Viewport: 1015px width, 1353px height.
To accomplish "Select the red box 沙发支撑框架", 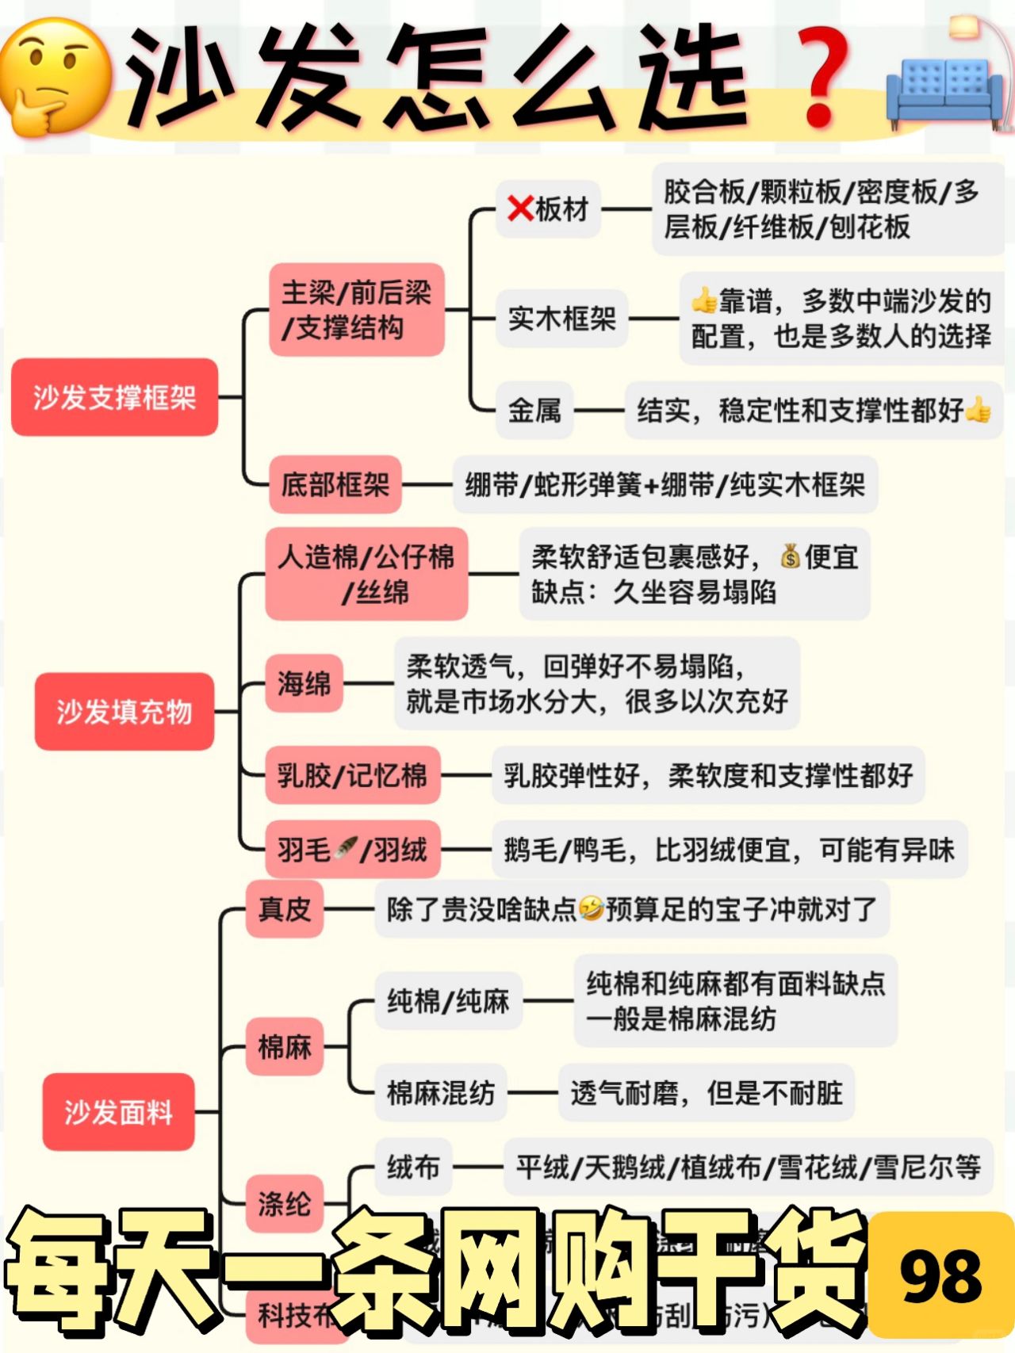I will pos(114,397).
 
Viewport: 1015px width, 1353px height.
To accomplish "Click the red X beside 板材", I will pos(520,209).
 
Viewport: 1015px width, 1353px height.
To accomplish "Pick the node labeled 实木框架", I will pos(561,319).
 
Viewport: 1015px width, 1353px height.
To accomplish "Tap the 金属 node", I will pos(534,410).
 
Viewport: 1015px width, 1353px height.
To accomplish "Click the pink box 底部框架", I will pos(335,484).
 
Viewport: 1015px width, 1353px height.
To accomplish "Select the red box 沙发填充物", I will pos(124,711).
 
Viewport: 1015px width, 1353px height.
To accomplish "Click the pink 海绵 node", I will pos(304,682).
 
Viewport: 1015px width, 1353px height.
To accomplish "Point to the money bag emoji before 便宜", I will pos(789,556).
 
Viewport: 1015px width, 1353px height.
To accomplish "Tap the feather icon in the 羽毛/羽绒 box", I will pos(346,849).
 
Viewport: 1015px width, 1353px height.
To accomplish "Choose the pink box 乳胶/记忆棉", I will pos(352,774).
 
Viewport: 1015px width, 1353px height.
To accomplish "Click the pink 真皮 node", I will pos(284,908).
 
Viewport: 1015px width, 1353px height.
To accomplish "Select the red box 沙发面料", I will pos(118,1111).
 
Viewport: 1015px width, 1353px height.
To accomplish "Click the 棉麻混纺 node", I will pos(440,1092).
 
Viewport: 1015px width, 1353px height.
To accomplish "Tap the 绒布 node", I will pos(413,1167).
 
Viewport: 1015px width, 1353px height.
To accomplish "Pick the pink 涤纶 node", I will pos(284,1203).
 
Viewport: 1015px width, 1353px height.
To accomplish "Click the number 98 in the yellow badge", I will pos(940,1276).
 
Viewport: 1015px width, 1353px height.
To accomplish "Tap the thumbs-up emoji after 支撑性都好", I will pos(979,410).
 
